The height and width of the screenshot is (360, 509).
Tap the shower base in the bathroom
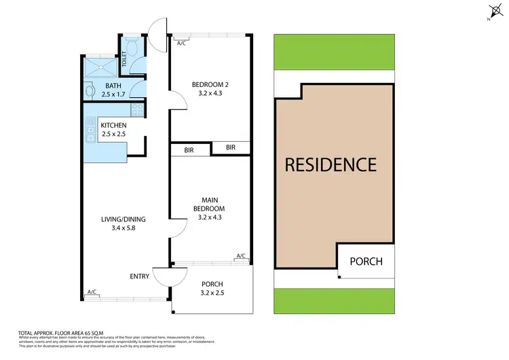tap(100, 67)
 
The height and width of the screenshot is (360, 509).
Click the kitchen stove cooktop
tap(136, 109)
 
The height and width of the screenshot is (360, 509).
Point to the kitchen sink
tap(90, 126)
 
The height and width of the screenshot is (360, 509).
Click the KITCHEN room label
tap(114, 126)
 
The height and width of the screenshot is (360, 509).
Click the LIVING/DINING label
tap(123, 219)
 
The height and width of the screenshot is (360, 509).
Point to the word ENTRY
tap(140, 276)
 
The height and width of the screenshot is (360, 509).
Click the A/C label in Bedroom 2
tap(181, 43)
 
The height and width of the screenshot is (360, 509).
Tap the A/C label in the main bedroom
tap(240, 256)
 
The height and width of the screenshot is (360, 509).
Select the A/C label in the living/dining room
tap(91, 292)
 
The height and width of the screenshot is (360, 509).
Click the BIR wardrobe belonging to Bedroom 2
tap(230, 147)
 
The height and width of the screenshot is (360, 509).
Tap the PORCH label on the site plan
tap(366, 262)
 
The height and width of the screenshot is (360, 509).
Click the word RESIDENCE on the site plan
tap(330, 164)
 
